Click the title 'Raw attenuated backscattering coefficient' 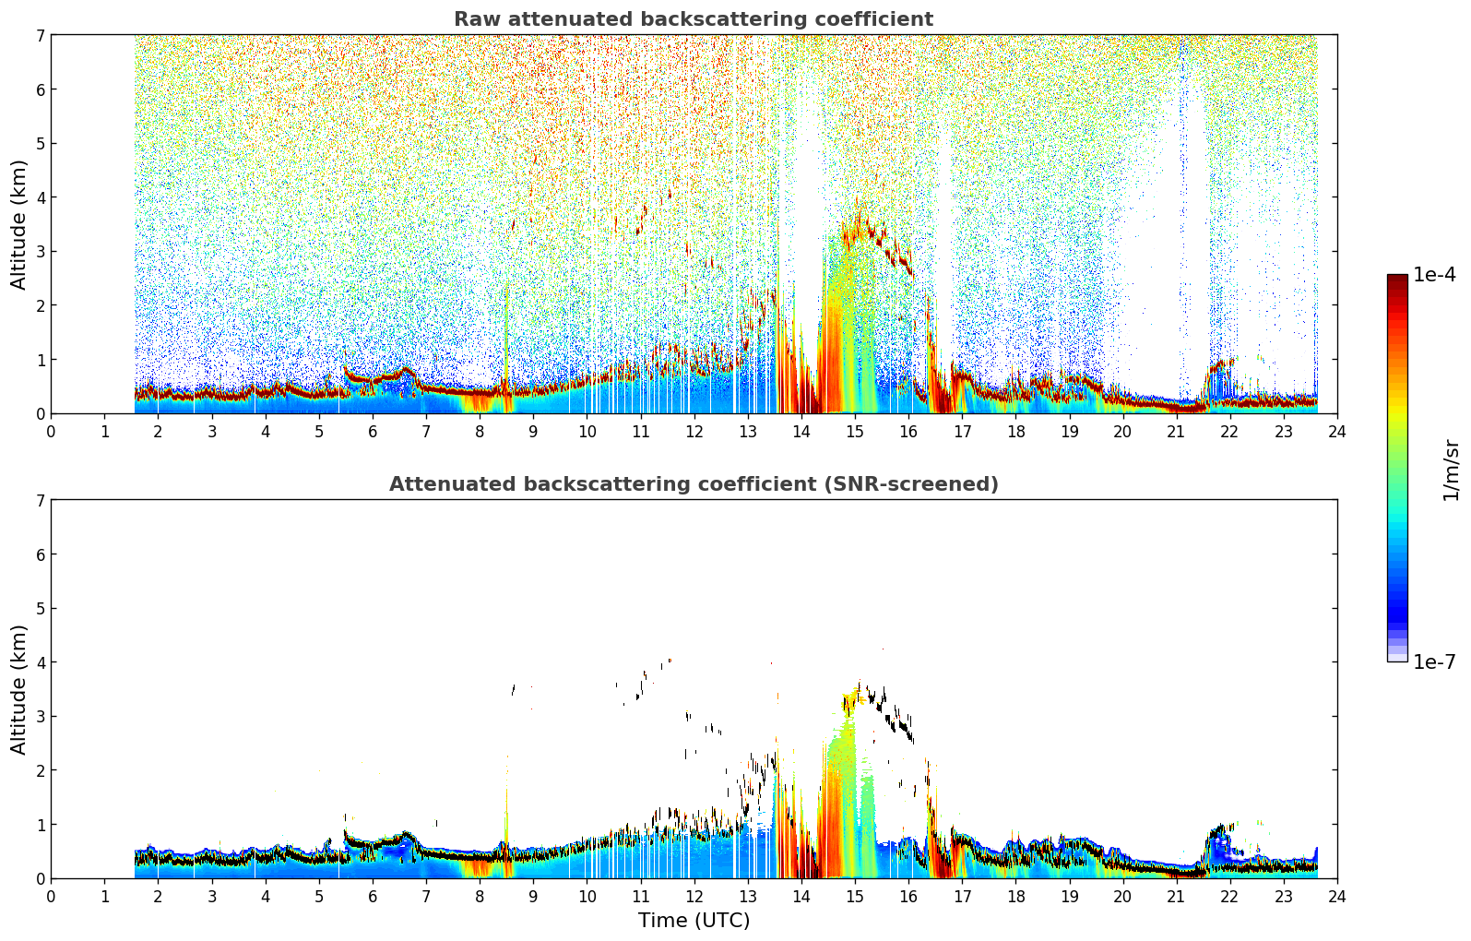[694, 19]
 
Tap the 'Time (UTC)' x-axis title [694, 920]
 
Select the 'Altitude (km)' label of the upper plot [18, 224]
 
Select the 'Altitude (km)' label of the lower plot [18, 689]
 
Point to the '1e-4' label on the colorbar [1434, 275]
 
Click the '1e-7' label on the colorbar [1434, 661]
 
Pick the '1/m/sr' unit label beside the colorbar [1451, 470]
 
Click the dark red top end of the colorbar [1397, 278]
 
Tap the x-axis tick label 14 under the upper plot [801, 432]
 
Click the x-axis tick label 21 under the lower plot [1176, 897]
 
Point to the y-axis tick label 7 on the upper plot [41, 35]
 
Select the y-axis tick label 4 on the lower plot [41, 662]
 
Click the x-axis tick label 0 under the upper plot [52, 432]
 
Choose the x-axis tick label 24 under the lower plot [1337, 897]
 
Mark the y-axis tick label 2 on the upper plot [41, 305]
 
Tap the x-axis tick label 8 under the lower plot [480, 897]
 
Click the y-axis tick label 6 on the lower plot [41, 554]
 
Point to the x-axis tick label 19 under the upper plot [1069, 432]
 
